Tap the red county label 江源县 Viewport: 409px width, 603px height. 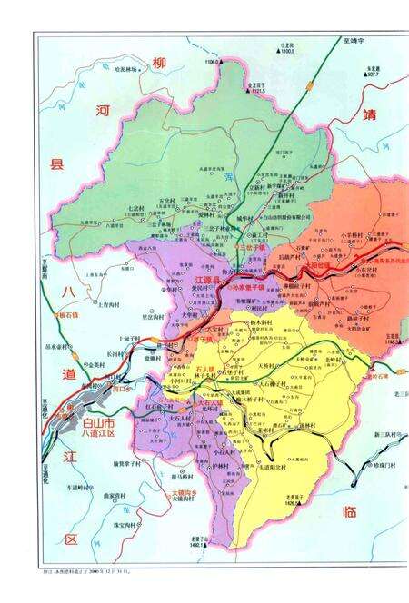coord(208,281)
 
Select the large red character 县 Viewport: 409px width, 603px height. coord(56,164)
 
